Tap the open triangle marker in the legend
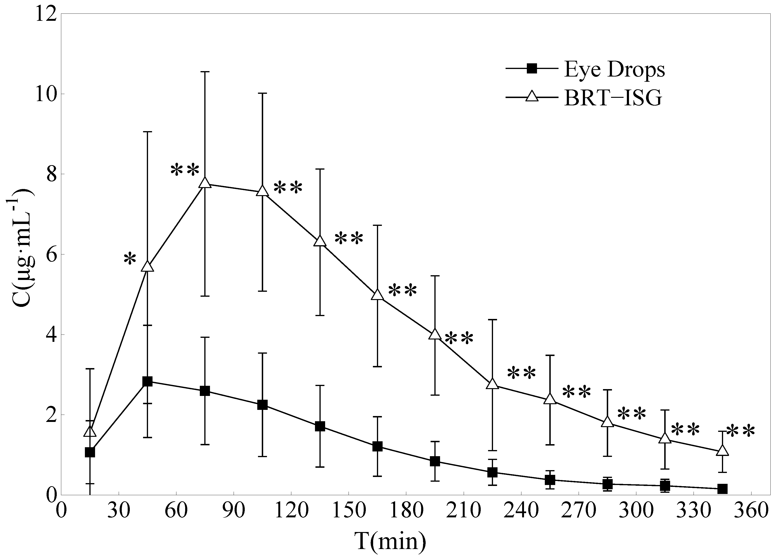pos(532,97)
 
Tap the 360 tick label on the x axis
pos(751,512)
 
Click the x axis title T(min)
pos(390,541)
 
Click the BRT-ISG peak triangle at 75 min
pos(205,183)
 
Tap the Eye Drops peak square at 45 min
pos(147,381)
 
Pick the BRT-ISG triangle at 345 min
pos(722,451)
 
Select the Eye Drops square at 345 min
pos(722,489)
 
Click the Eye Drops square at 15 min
pos(90,452)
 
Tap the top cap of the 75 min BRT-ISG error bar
pos(205,72)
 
